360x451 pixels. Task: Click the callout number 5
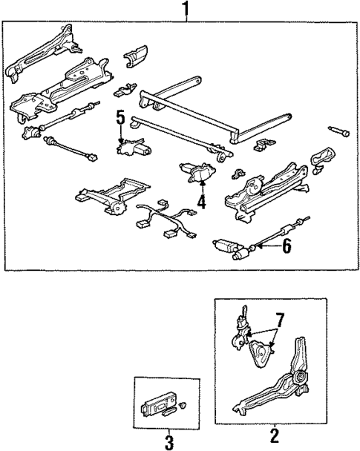click(120, 117)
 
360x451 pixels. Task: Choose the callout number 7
click(279, 320)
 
